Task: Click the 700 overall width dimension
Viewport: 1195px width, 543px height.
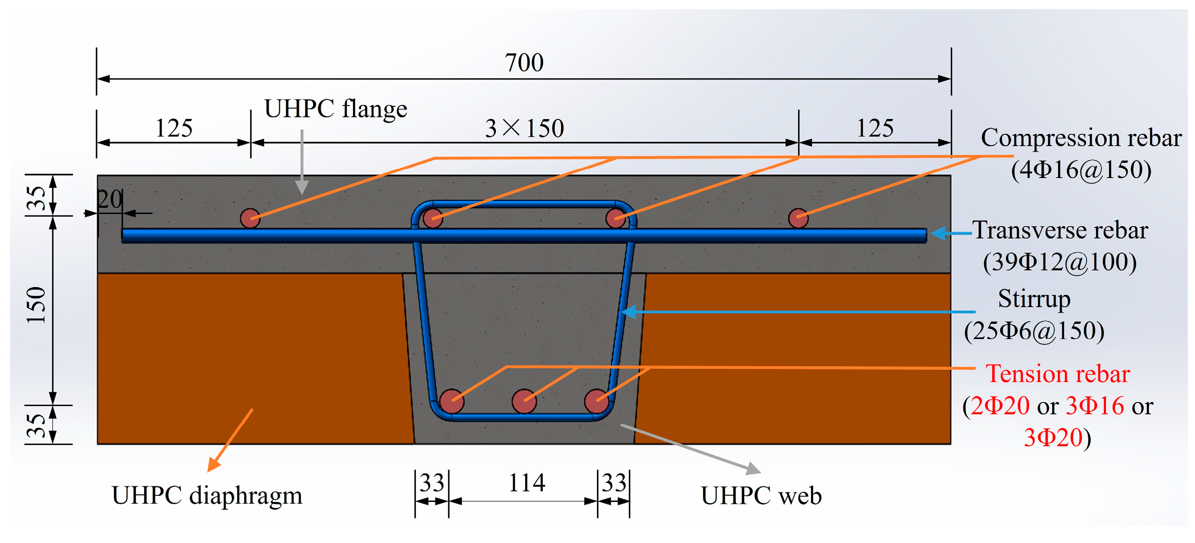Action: pyautogui.click(x=524, y=63)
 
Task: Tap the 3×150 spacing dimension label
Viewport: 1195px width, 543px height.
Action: pyautogui.click(x=524, y=128)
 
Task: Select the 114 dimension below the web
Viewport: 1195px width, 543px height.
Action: pyautogui.click(x=526, y=483)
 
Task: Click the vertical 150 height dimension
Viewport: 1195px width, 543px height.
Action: pyautogui.click(x=36, y=305)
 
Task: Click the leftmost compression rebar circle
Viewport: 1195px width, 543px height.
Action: pyautogui.click(x=250, y=218)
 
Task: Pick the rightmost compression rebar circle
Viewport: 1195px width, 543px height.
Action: pyautogui.click(x=798, y=218)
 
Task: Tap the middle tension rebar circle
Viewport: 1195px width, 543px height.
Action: pyautogui.click(x=524, y=401)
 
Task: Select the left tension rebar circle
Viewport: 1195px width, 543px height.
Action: pyautogui.click(x=451, y=401)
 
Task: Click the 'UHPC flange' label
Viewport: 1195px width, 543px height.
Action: pyautogui.click(x=336, y=109)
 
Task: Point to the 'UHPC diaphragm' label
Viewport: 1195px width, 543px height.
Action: pyautogui.click(x=207, y=495)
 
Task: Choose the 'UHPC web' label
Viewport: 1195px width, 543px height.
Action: pyautogui.click(x=761, y=496)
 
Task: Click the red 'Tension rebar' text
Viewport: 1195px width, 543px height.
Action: pyautogui.click(x=1057, y=374)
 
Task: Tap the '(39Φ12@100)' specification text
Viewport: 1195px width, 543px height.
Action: pyautogui.click(x=1060, y=263)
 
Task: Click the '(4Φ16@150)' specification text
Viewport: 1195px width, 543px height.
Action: pyautogui.click(x=1081, y=170)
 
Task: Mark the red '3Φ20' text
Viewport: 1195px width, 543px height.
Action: pyautogui.click(x=1053, y=438)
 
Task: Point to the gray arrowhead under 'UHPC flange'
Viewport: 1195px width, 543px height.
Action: pyautogui.click(x=302, y=188)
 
